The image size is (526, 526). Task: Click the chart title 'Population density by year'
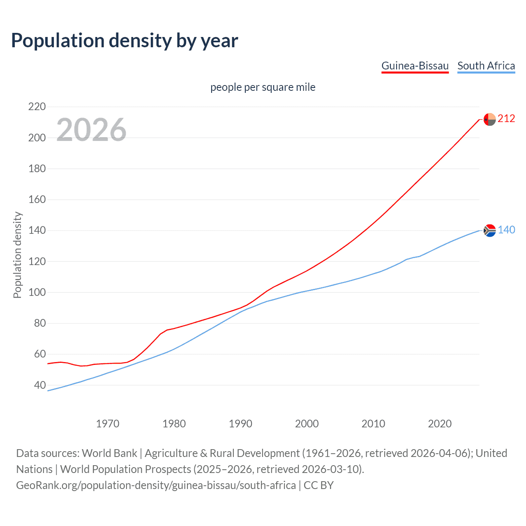pos(125,41)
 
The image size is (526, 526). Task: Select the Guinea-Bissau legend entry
pos(415,66)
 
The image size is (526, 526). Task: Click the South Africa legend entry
pos(486,66)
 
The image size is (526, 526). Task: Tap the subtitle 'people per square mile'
pos(263,87)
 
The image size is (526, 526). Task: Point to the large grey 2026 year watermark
pos(91,130)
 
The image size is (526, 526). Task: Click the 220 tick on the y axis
pos(37,107)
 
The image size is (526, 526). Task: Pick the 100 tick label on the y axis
pos(37,293)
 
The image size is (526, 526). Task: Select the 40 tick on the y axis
pos(40,385)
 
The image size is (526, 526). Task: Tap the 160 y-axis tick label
pos(37,200)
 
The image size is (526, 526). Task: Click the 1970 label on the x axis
pos(108,424)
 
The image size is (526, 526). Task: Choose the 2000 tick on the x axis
pos(307,424)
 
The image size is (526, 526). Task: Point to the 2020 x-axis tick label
pos(440,424)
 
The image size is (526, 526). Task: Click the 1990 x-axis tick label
pos(240,424)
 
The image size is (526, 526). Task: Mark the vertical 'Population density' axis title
pos(17,255)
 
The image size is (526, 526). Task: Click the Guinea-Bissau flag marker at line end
pos(489,119)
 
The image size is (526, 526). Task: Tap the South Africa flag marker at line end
pos(489,231)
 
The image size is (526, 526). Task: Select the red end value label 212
pos(506,119)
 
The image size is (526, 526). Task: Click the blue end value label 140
pos(506,230)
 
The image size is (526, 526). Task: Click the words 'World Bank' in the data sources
pos(109,453)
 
